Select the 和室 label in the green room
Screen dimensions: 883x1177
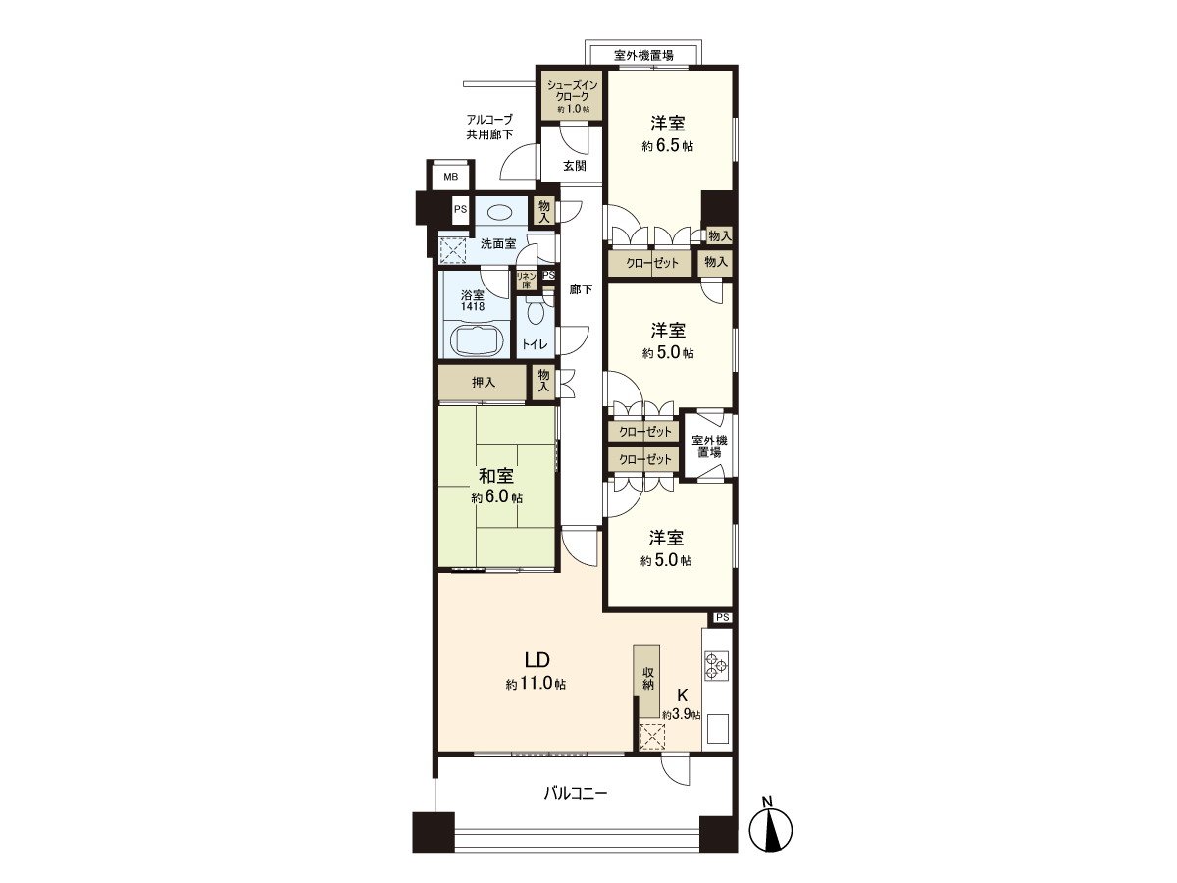click(x=496, y=477)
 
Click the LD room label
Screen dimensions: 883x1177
click(x=536, y=659)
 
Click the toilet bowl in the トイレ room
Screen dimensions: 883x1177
click(x=535, y=314)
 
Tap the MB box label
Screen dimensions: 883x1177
click(x=450, y=177)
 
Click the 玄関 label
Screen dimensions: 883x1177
click(x=575, y=166)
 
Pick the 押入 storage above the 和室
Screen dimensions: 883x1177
click(x=484, y=382)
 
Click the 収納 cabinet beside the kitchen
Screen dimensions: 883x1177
click(x=648, y=681)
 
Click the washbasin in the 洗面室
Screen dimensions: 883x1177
click(x=500, y=211)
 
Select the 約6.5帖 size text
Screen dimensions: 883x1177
click(x=668, y=146)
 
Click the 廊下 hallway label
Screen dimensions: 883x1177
click(x=582, y=289)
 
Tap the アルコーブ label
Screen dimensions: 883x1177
click(x=489, y=119)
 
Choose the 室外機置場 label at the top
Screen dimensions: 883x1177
click(x=643, y=55)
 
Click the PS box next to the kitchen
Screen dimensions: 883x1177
click(x=723, y=617)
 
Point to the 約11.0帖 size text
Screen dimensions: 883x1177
click(x=536, y=684)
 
